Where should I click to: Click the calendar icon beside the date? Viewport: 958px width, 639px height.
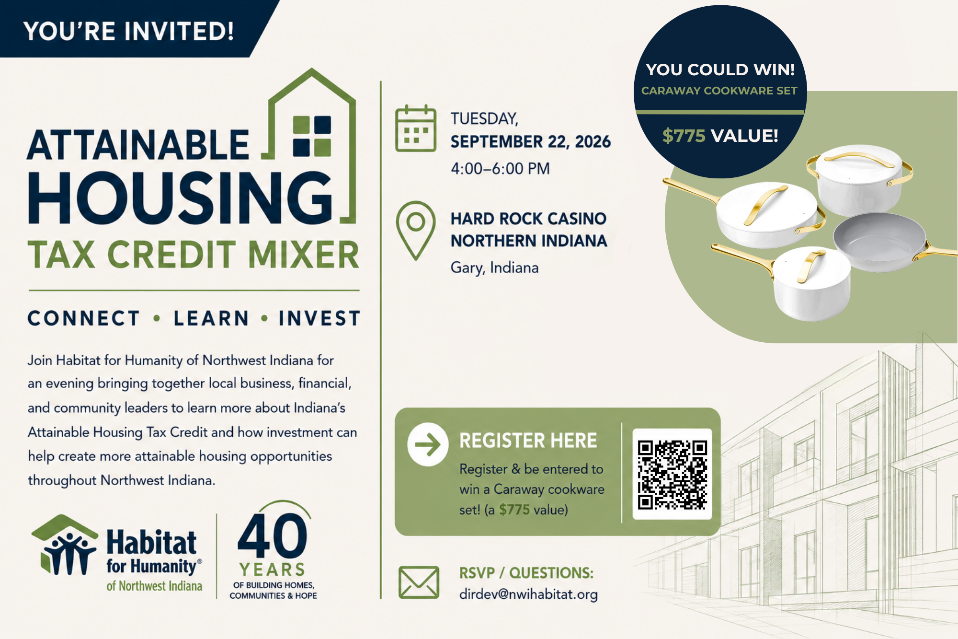tap(416, 128)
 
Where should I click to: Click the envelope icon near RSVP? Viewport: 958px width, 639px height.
tap(419, 582)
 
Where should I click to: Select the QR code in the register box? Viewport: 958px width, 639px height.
tap(672, 474)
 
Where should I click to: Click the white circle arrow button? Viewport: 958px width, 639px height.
tap(428, 444)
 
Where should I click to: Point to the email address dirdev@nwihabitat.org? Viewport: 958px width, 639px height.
tap(528, 594)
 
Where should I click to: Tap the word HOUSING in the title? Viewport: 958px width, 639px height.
tap(181, 198)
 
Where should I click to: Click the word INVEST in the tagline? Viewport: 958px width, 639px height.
tap(319, 318)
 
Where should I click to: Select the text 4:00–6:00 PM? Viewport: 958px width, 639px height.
tap(500, 169)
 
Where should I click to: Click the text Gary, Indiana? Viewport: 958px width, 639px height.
tap(494, 267)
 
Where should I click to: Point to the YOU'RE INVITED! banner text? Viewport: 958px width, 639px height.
tap(128, 31)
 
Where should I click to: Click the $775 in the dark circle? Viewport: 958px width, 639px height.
tap(684, 136)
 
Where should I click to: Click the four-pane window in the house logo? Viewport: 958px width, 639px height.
tap(312, 136)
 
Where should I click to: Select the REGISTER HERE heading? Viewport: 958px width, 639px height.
tap(528, 441)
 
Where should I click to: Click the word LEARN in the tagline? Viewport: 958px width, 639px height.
tap(211, 318)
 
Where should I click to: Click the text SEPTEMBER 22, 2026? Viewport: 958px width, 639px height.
tap(530, 142)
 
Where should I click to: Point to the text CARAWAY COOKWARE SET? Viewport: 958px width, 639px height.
tap(719, 91)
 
